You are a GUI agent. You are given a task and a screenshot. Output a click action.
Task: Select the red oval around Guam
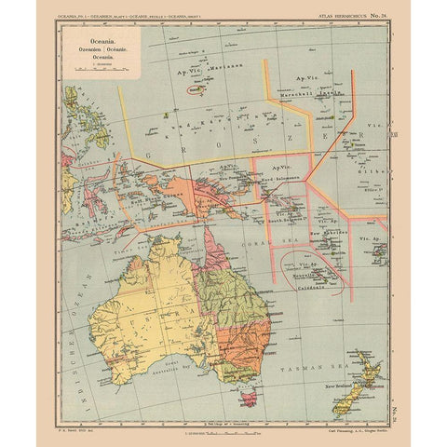(x=196, y=91)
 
